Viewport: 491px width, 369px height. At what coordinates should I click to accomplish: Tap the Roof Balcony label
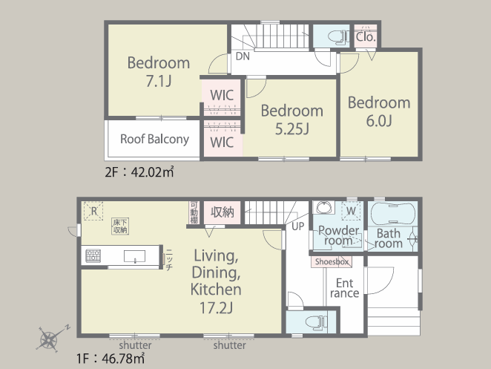point(155,139)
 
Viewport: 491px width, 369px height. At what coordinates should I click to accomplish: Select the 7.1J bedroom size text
point(159,81)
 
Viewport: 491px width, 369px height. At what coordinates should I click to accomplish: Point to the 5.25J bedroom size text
point(291,128)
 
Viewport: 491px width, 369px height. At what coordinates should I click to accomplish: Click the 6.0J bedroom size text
point(379,121)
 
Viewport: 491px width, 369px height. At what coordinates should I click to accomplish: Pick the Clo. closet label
point(366,37)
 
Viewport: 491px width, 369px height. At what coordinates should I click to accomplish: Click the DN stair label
point(243,56)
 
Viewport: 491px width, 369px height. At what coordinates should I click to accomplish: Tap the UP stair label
point(298,226)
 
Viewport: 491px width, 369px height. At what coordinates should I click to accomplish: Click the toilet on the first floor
point(316,322)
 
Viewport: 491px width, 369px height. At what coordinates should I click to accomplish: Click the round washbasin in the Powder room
point(323,208)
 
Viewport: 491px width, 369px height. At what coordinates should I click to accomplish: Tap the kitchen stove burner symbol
point(93,256)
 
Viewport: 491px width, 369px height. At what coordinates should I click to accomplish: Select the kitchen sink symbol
point(135,256)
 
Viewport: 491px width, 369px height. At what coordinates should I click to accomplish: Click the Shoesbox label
point(332,262)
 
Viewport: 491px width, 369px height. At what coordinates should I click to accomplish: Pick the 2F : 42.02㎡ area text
point(139,172)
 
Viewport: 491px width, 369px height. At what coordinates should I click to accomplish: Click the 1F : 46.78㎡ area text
point(111,358)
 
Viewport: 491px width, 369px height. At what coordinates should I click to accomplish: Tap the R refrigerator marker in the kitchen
point(93,211)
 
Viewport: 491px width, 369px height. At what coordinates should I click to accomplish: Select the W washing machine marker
point(352,211)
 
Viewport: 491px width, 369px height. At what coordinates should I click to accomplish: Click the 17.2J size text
point(216,307)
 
